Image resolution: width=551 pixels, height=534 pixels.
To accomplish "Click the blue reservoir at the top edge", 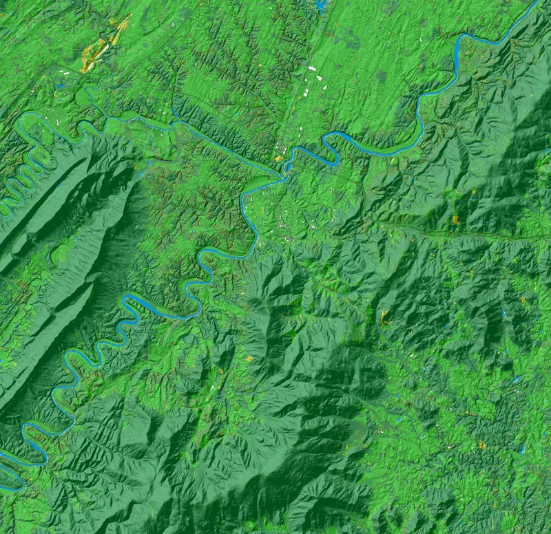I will click(320, 6).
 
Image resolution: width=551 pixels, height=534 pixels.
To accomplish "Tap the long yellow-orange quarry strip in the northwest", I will click(103, 45).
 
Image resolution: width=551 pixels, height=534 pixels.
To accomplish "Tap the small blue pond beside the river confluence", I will click(278, 159).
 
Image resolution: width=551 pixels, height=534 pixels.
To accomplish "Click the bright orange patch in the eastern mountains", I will click(455, 220).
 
